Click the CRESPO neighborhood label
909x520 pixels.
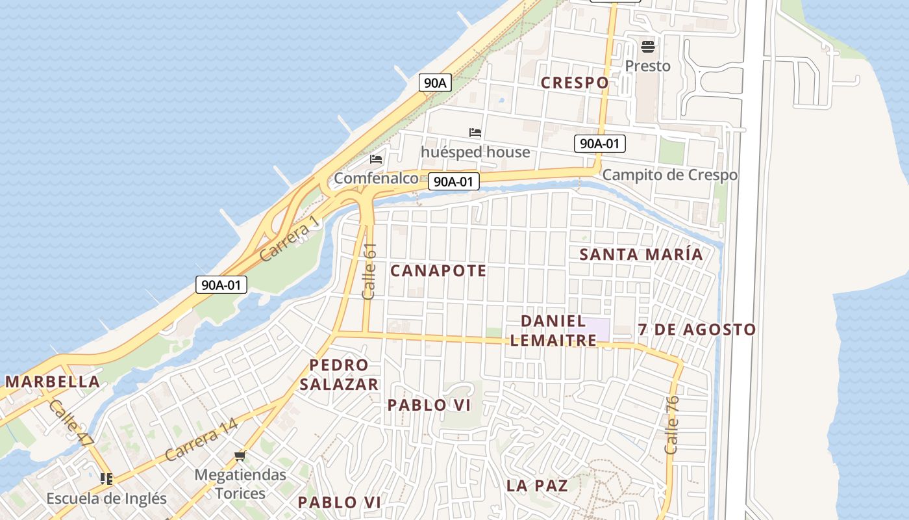coord(575,83)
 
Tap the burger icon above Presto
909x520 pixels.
coord(647,47)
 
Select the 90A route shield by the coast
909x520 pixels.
coord(436,83)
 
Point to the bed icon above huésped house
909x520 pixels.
coord(475,133)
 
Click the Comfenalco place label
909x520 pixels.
coord(376,178)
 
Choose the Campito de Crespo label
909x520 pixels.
coord(669,175)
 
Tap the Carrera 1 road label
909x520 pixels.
coord(290,239)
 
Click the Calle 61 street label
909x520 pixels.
coord(369,271)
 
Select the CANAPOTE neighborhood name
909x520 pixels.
coord(438,270)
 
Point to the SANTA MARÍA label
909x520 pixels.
coord(641,254)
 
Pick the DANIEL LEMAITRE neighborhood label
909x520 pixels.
coord(553,330)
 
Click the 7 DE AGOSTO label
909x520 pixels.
coord(697,330)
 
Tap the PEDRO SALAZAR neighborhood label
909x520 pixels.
coord(339,374)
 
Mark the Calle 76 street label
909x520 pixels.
coord(672,425)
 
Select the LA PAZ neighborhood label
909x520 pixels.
coord(537,486)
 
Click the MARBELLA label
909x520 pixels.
coord(53,382)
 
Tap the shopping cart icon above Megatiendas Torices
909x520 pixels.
coord(240,456)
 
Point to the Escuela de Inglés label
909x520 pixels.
coord(106,499)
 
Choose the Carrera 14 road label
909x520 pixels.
coord(201,441)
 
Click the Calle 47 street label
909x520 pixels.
coord(71,423)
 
